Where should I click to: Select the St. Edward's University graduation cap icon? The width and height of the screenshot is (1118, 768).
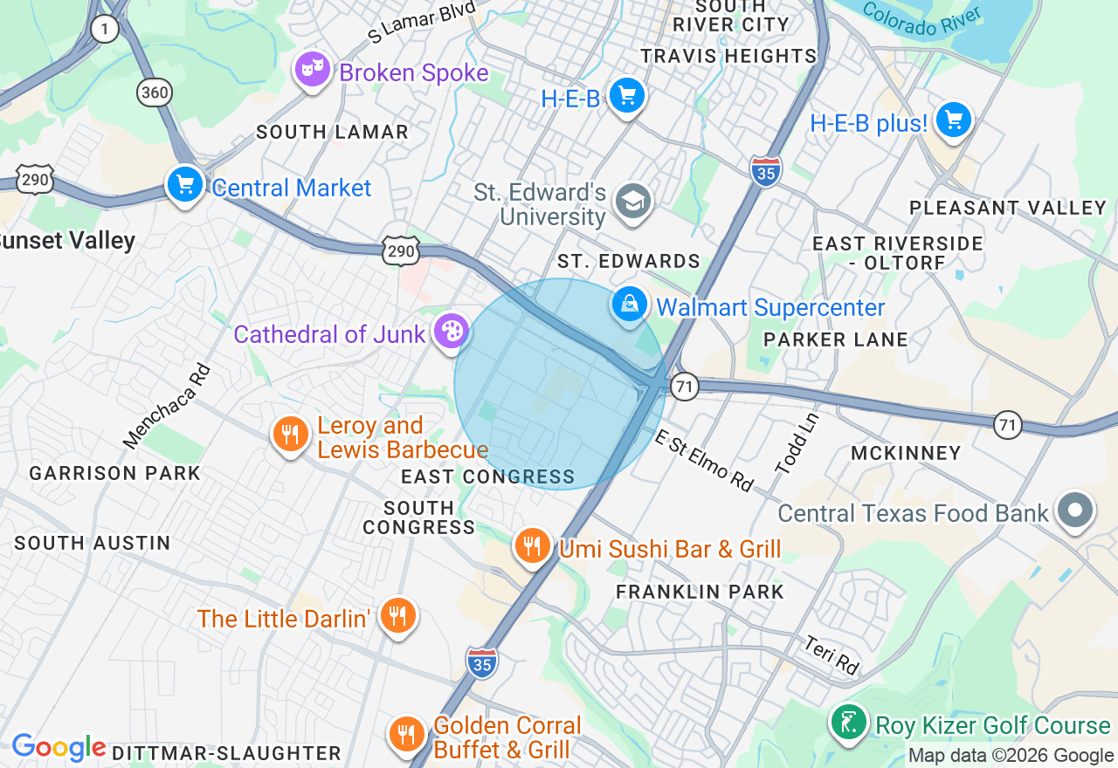click(632, 202)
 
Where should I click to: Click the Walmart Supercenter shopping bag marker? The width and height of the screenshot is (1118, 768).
click(629, 305)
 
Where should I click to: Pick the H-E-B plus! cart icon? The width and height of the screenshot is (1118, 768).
click(953, 120)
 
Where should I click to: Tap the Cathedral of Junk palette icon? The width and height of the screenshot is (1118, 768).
click(451, 332)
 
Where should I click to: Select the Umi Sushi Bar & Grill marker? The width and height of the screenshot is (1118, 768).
click(531, 545)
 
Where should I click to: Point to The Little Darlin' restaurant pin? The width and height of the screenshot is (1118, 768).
click(398, 616)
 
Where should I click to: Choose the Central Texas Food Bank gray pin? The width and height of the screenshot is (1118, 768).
click(1076, 511)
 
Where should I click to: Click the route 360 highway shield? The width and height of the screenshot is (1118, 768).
click(154, 91)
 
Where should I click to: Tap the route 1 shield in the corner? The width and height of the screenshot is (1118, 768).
click(105, 30)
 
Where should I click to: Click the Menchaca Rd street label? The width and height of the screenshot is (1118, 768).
click(169, 407)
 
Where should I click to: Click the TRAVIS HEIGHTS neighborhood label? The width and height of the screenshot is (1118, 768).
click(728, 56)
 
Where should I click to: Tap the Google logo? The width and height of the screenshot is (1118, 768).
click(58, 747)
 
